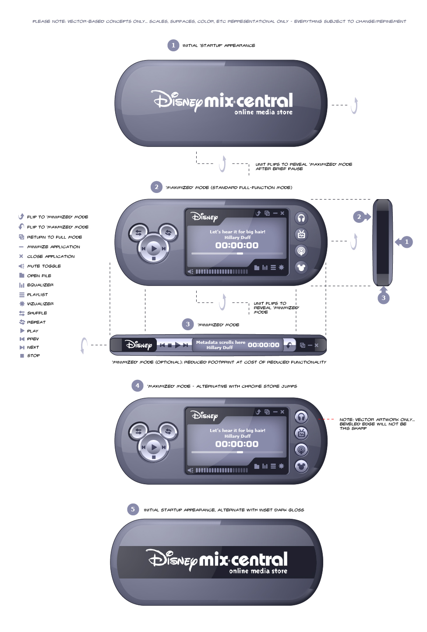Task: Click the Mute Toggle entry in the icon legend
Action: click(x=43, y=266)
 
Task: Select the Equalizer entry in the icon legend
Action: click(x=40, y=285)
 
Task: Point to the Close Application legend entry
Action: click(x=50, y=257)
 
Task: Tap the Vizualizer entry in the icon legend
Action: click(x=40, y=304)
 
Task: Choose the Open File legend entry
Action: click(x=39, y=276)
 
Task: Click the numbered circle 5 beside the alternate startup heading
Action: click(x=133, y=509)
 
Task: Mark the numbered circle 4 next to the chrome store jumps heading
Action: click(x=137, y=386)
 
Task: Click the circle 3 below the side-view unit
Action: click(x=384, y=298)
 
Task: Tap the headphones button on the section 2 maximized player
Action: click(x=301, y=218)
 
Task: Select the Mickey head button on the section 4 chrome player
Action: click(x=301, y=466)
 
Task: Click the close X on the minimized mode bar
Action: click(x=316, y=345)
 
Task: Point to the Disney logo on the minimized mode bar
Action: click(x=139, y=345)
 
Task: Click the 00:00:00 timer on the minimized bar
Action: click(x=263, y=345)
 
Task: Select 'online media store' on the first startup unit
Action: click(x=263, y=112)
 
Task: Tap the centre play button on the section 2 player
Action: click(x=153, y=249)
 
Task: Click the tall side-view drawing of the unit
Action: click(x=382, y=242)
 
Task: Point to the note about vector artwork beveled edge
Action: click(x=377, y=424)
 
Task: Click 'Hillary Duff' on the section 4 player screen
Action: click(x=237, y=436)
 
